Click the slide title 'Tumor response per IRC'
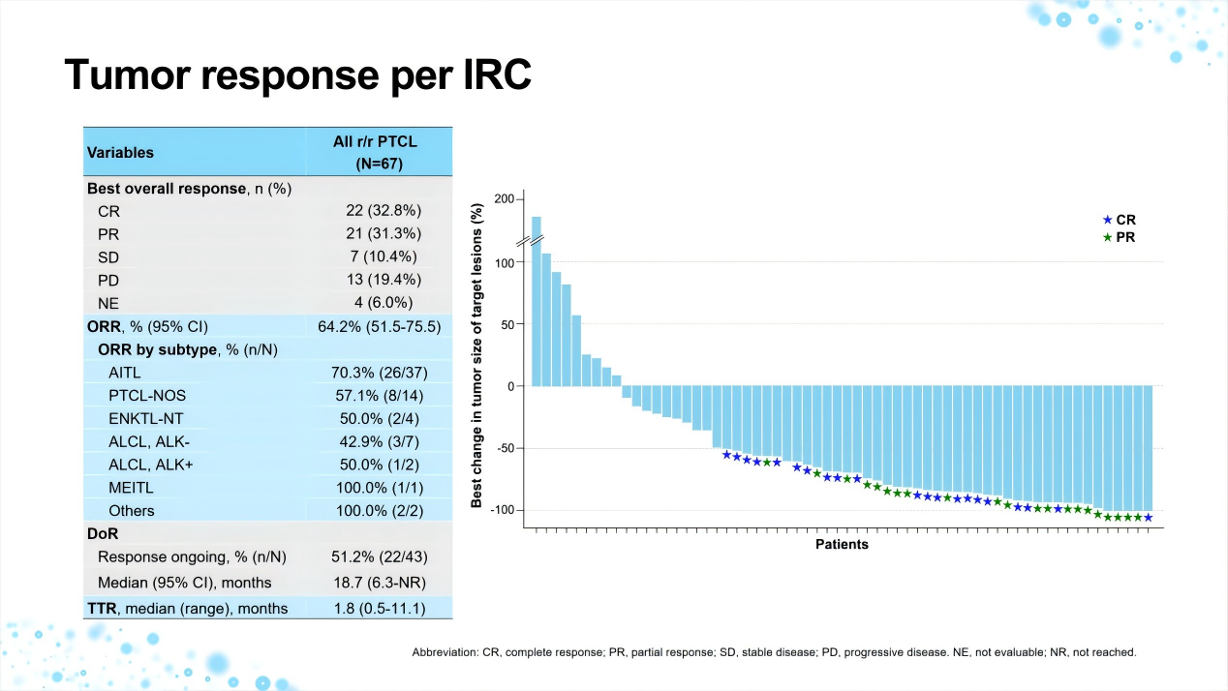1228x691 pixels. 297,75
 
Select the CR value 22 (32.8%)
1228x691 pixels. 384,210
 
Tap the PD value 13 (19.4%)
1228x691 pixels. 384,280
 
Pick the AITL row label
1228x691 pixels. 129,372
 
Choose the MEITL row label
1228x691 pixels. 132,487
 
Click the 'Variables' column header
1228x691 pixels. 120,152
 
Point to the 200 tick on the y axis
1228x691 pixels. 504,199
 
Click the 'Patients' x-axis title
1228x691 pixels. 842,544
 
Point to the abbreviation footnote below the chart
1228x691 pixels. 774,652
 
